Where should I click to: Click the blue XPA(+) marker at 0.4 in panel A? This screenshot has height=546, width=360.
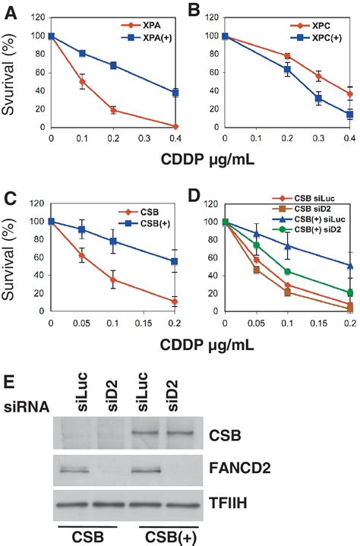click(x=175, y=93)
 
